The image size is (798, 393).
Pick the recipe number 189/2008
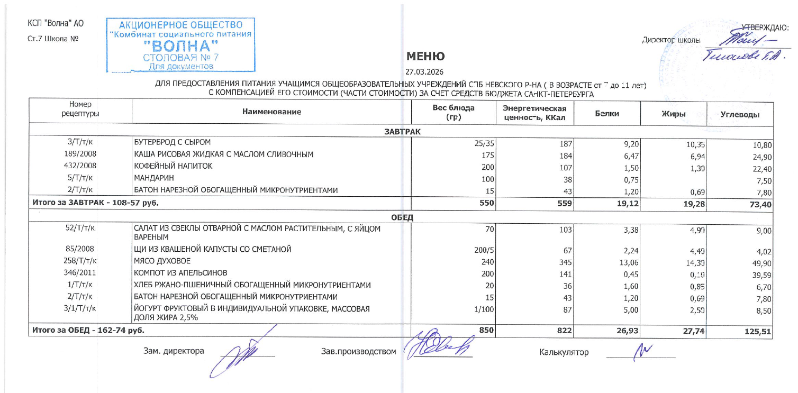(81, 154)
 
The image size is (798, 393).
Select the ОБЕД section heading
(402, 217)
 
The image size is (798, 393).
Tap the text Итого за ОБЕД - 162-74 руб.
(89, 331)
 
